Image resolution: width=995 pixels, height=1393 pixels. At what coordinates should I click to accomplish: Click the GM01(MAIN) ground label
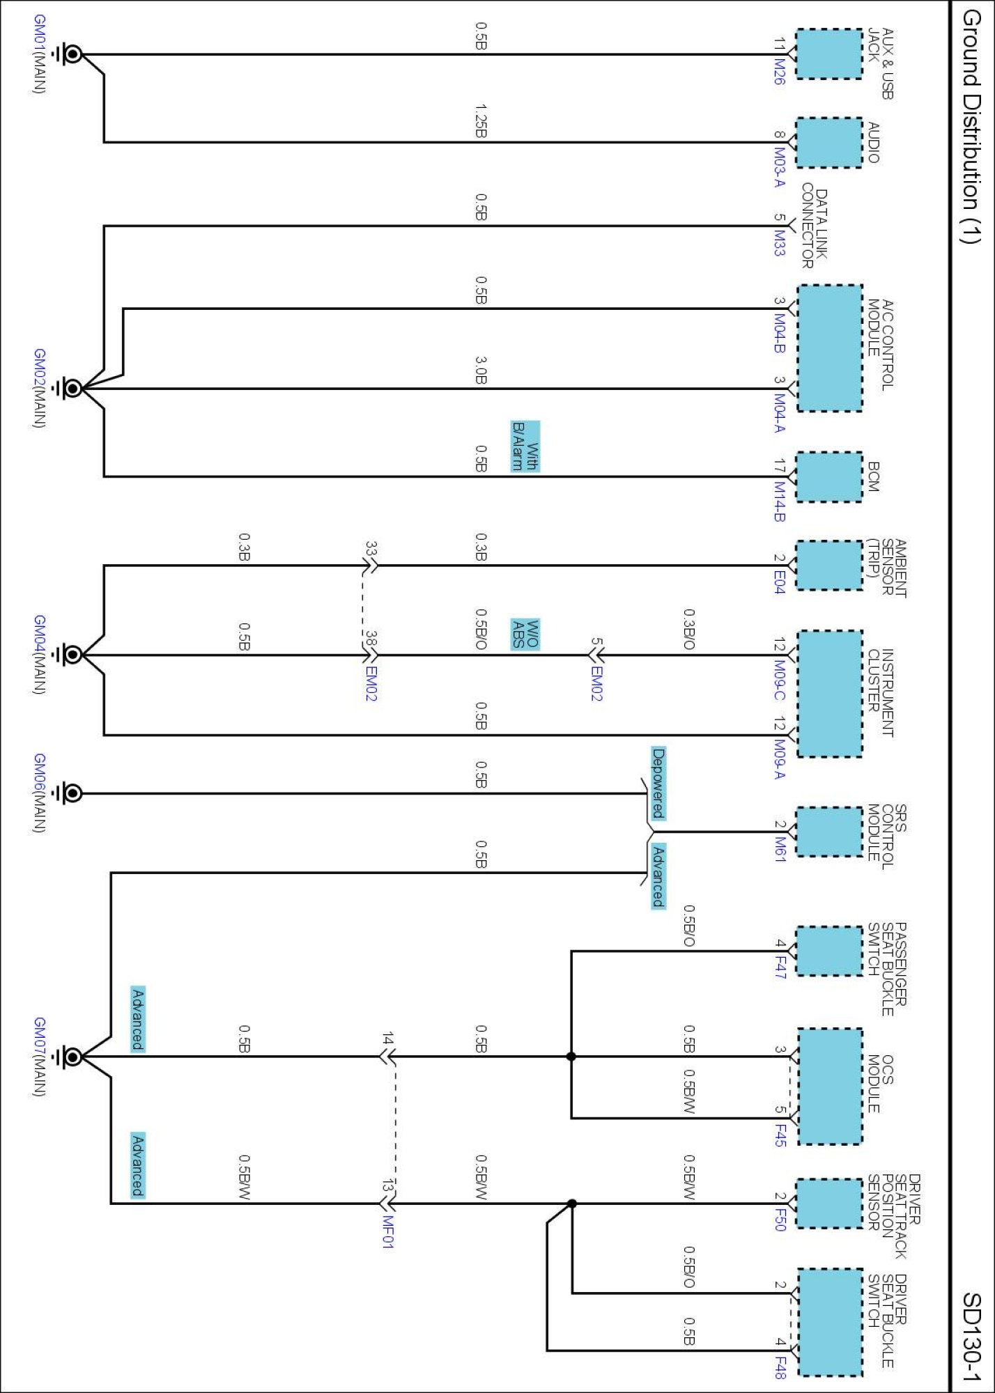tap(40, 54)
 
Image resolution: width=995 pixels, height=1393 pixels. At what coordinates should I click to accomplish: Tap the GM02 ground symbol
tap(71, 389)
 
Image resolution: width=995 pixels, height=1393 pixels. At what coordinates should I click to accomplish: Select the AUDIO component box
tap(829, 143)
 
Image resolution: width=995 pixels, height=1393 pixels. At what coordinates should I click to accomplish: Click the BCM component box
tap(829, 477)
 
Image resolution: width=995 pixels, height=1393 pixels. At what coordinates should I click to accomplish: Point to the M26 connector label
tap(779, 70)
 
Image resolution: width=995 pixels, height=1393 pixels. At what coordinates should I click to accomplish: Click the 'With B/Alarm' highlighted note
tap(525, 446)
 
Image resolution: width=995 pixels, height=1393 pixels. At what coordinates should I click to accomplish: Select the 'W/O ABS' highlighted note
tap(525, 634)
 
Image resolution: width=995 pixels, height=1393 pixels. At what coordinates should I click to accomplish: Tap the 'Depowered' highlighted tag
tap(658, 784)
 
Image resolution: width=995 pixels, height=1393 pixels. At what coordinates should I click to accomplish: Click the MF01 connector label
tap(388, 1232)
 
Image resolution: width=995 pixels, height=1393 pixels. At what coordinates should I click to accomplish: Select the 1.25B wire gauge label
tap(481, 121)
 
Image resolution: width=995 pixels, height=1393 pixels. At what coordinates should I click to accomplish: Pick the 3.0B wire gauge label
tap(481, 371)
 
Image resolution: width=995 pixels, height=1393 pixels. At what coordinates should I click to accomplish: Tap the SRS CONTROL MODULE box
tap(829, 832)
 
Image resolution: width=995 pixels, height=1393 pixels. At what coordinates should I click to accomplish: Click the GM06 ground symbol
tap(71, 793)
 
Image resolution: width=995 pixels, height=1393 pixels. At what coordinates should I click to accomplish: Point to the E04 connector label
tap(779, 582)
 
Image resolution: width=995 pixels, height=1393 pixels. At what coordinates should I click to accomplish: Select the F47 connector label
tap(780, 967)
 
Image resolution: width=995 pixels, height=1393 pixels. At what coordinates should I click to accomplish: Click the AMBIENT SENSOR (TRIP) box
tap(829, 566)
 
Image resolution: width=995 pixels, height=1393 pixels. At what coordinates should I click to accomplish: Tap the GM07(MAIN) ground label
tap(40, 1057)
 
